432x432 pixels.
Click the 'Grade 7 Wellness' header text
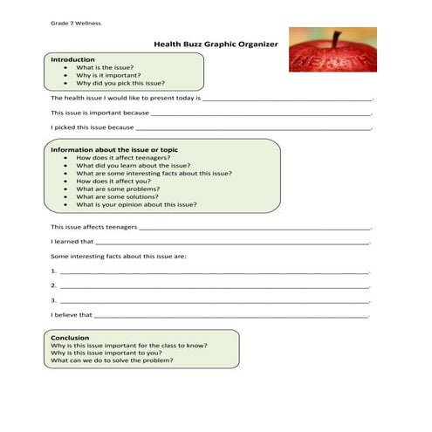[x=77, y=22]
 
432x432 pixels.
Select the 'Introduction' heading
[x=72, y=59]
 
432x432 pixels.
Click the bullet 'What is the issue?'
[x=105, y=67]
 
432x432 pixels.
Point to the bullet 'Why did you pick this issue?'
[x=120, y=83]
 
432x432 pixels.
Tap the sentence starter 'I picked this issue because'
[x=92, y=127]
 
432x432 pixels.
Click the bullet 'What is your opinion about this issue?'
[x=136, y=204]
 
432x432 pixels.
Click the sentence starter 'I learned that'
[x=72, y=242]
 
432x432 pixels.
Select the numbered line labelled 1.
[x=209, y=271]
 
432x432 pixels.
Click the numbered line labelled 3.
[x=209, y=300]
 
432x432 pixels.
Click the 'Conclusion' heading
[x=70, y=338]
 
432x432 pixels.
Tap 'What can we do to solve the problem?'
[x=112, y=360]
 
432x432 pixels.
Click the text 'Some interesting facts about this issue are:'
[x=118, y=257]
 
